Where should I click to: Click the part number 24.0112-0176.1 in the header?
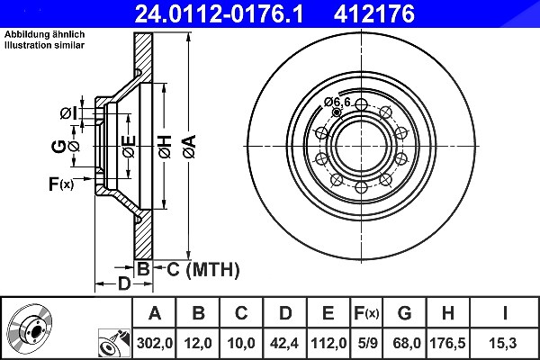pyautogui.click(x=219, y=13)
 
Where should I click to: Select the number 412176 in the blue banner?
pyautogui.click(x=374, y=13)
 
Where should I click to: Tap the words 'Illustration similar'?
pyautogui.click(x=44, y=45)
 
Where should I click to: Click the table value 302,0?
pyautogui.click(x=154, y=343)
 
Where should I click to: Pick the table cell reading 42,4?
pyautogui.click(x=284, y=343)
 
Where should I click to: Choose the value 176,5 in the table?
pyautogui.click(x=447, y=343)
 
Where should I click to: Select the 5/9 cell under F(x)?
pyautogui.click(x=367, y=343)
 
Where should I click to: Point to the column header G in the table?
pyautogui.click(x=404, y=313)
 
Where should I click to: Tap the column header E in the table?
pyautogui.click(x=328, y=313)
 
